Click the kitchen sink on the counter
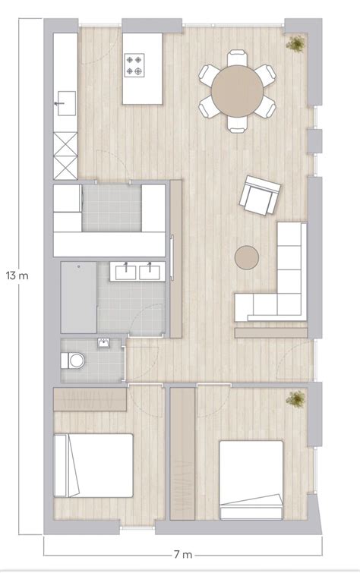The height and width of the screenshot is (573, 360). [x=64, y=102]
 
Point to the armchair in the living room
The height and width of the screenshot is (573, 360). [x=259, y=196]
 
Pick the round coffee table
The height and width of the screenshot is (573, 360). [x=247, y=257]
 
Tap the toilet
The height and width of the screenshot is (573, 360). [x=74, y=360]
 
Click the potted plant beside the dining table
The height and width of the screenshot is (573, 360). [x=295, y=44]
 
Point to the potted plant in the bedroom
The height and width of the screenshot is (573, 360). [x=295, y=398]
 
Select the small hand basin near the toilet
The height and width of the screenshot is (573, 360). [x=103, y=344]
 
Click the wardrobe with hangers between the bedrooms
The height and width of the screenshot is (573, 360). [x=182, y=455]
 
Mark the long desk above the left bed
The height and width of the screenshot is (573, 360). [x=90, y=400]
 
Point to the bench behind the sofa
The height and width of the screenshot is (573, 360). [x=271, y=331]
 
